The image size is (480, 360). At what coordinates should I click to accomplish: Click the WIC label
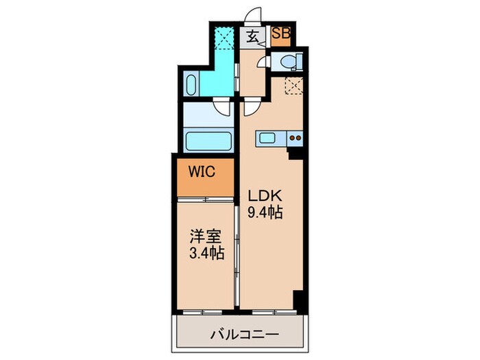click(x=203, y=171)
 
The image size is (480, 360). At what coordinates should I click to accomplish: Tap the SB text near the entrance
click(x=281, y=33)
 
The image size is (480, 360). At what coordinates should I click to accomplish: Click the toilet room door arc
click(x=263, y=61)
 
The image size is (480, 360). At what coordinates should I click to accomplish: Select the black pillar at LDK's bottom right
click(x=298, y=300)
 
